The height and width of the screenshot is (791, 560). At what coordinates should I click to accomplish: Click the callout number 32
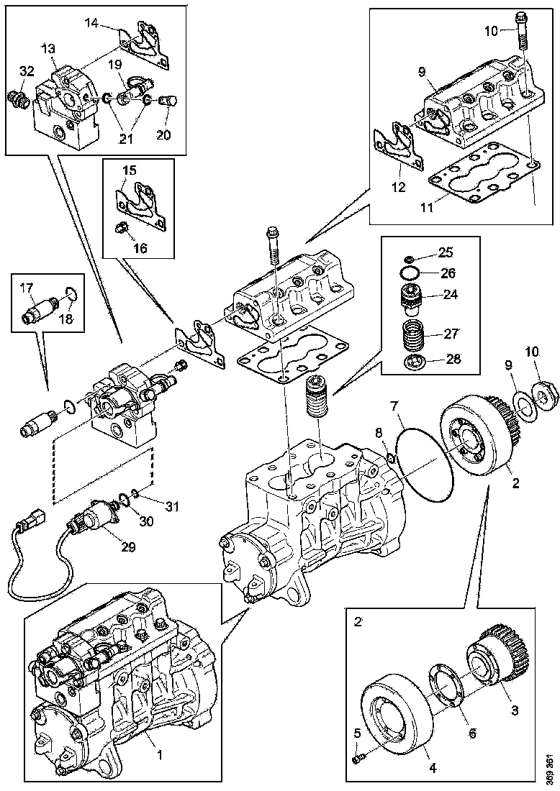pyautogui.click(x=27, y=70)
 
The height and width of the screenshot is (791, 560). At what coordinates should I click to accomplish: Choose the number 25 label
pyautogui.click(x=446, y=253)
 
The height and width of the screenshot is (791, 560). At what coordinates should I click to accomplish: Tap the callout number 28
pyautogui.click(x=453, y=359)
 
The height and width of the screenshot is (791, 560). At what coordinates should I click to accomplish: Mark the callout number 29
pyautogui.click(x=127, y=547)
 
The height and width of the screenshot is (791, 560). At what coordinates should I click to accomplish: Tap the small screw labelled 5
pyautogui.click(x=358, y=756)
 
